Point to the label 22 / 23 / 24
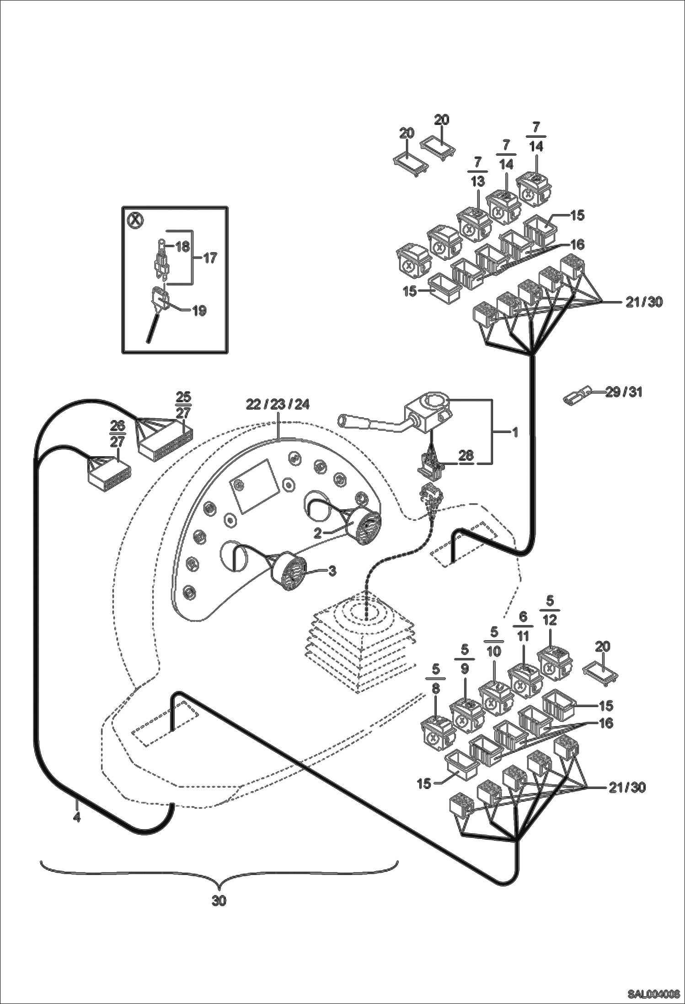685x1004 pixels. pos(278,405)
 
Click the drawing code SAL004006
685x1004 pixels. pos(653,993)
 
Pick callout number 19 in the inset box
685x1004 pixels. pos(199,311)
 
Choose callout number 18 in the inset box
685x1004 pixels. pos(182,247)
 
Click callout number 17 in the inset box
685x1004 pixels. pos(210,258)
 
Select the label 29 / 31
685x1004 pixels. pos(624,392)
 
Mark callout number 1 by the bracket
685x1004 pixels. pos(515,432)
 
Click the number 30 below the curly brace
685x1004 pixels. pos(219,901)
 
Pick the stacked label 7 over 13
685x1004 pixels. pos(477,171)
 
